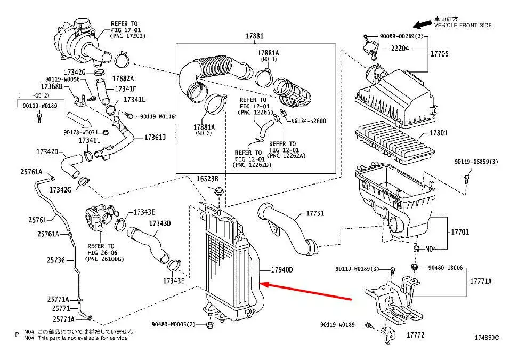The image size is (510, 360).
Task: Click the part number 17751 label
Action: click(314, 213)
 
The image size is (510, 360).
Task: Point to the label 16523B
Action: click(208, 178)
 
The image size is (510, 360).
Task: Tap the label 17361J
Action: click(155, 138)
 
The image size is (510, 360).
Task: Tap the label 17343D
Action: click(160, 223)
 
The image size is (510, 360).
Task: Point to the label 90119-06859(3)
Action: click(475, 162)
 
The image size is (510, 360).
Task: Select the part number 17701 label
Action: click(460, 232)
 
